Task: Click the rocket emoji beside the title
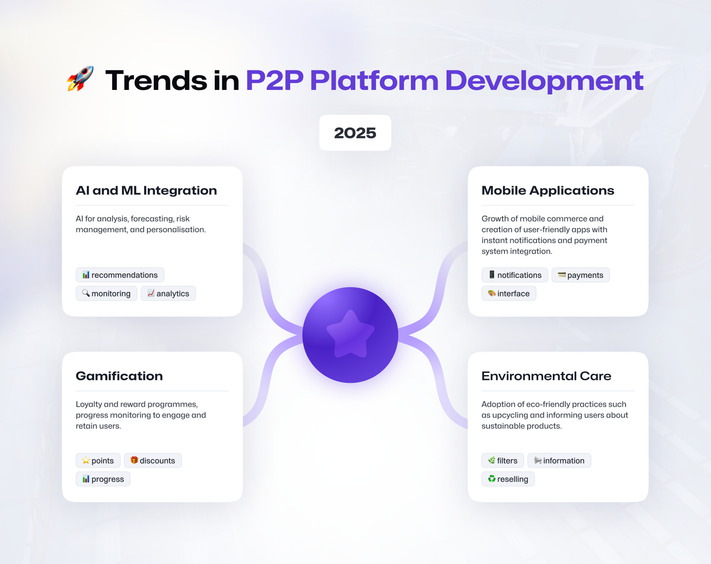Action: click(80, 79)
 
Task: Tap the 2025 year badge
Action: click(355, 133)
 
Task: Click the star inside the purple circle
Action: click(351, 334)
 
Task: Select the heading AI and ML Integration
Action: click(146, 191)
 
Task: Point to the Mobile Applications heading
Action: click(548, 191)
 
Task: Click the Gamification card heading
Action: click(119, 376)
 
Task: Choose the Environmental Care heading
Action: click(546, 376)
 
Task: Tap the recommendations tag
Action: click(120, 275)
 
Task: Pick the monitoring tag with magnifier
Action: click(106, 293)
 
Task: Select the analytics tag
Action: click(168, 293)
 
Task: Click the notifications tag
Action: click(515, 275)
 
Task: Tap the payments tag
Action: click(580, 275)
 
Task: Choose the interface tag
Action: click(509, 293)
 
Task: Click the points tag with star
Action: click(98, 461)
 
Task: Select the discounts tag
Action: click(153, 461)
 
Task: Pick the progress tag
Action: click(103, 479)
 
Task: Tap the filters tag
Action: click(503, 461)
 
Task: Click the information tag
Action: click(559, 461)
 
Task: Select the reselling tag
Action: click(508, 479)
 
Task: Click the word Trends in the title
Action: click(156, 80)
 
